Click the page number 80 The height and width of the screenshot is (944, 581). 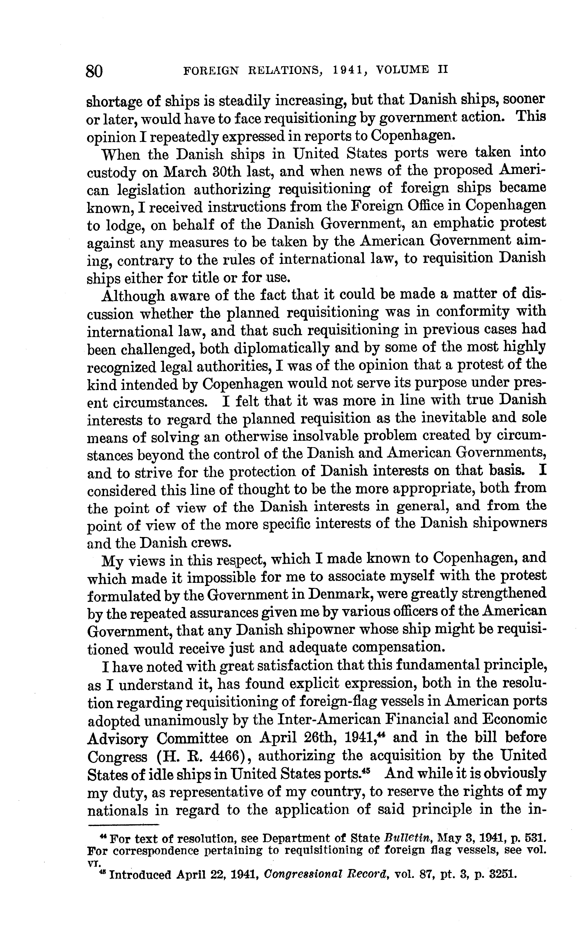pyautogui.click(x=94, y=71)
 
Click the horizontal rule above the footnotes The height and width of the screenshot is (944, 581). pyautogui.click(x=124, y=824)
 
